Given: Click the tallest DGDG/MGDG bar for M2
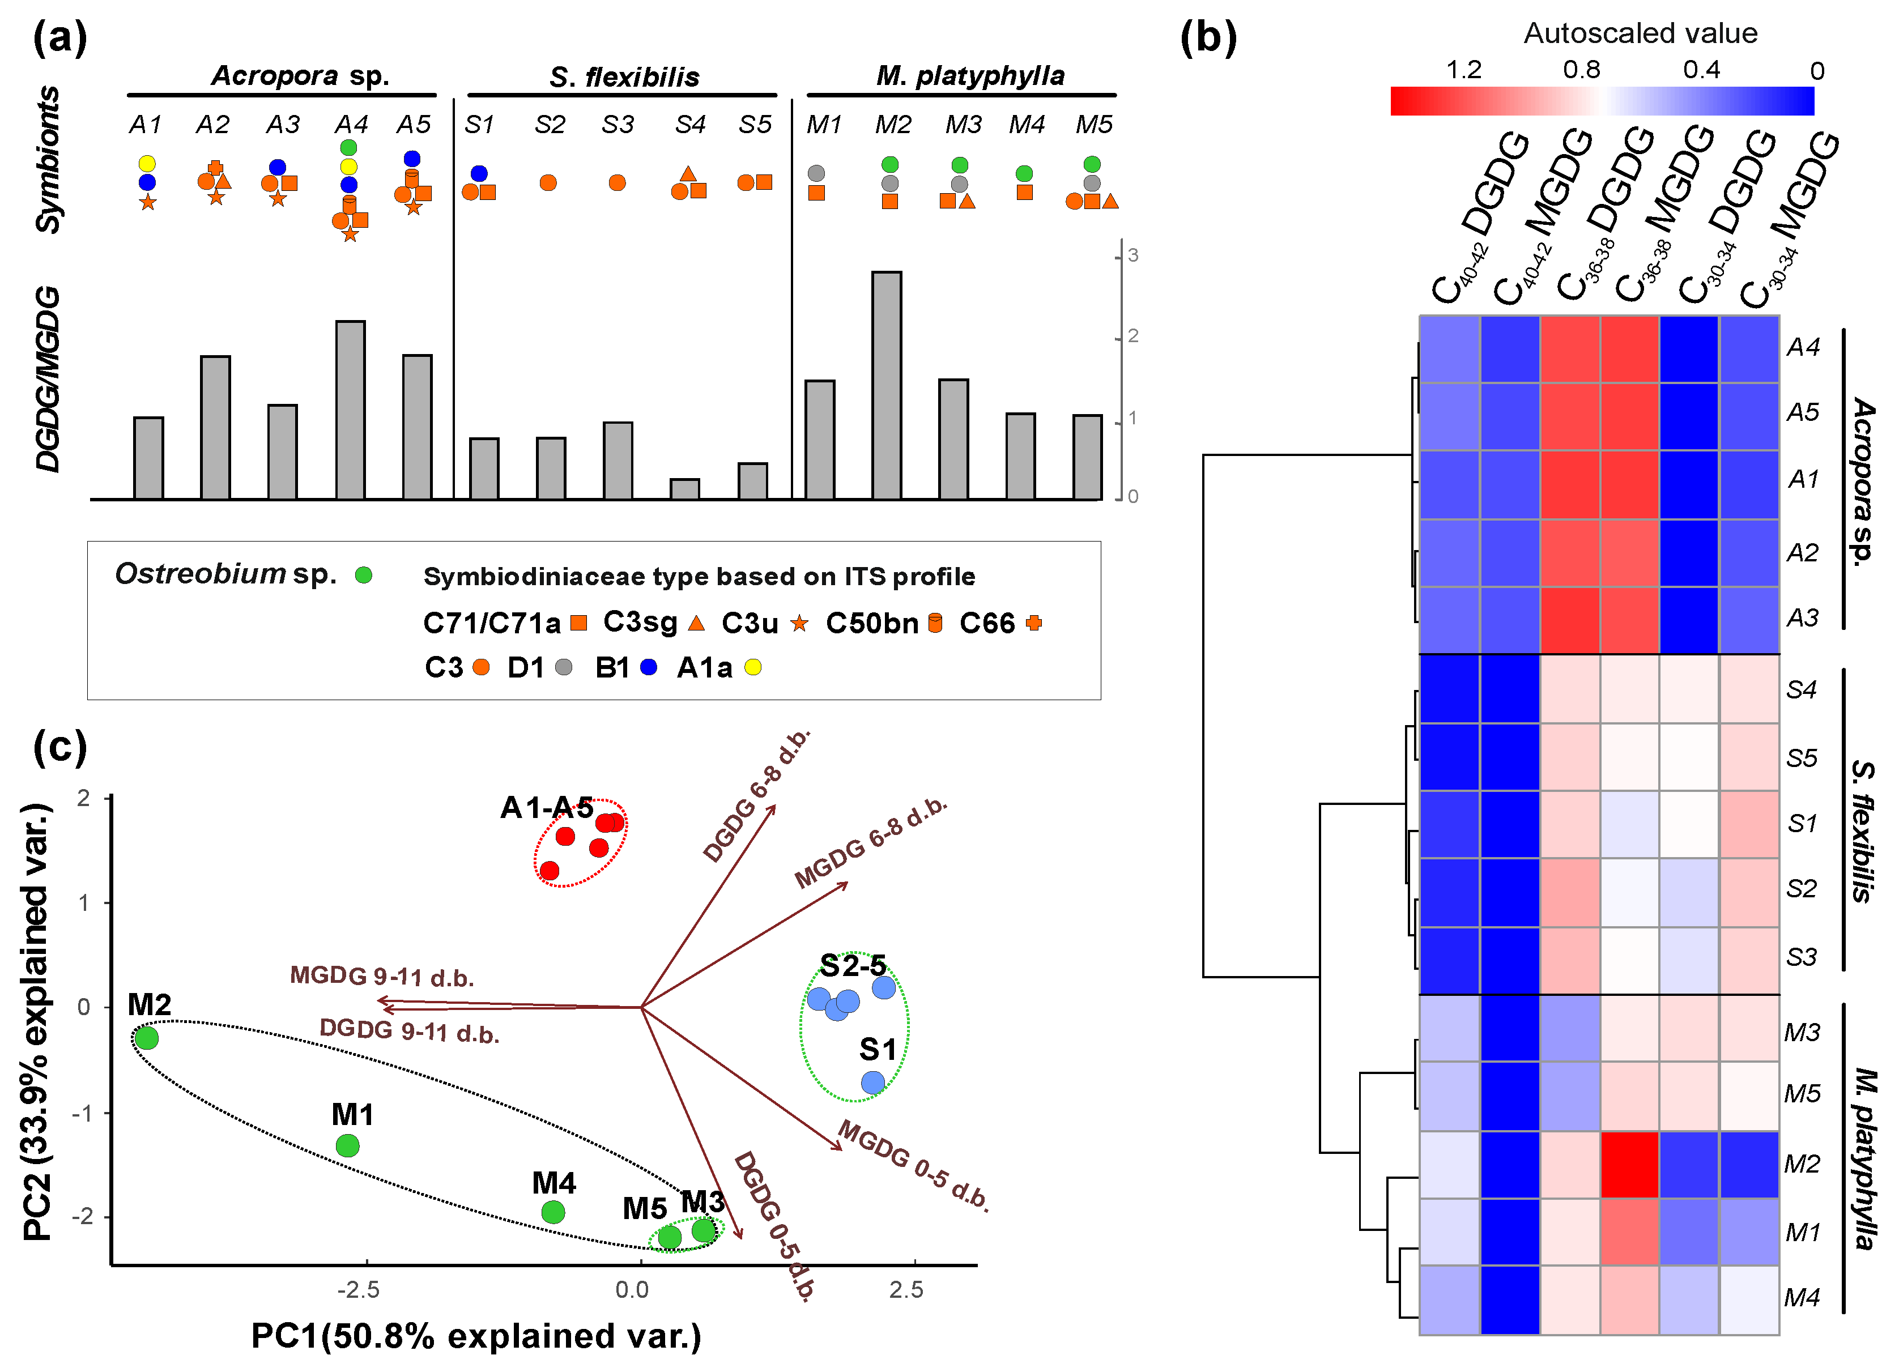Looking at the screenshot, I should point(887,385).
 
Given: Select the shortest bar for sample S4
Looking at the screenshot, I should point(685,489).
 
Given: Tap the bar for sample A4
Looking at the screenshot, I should point(350,410).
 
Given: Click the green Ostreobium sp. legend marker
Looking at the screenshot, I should point(363,575).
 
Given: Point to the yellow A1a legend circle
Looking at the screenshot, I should point(753,667).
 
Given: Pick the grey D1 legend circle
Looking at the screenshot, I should point(564,667).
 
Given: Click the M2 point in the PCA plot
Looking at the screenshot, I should point(147,1038).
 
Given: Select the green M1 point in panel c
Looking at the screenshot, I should point(347,1145).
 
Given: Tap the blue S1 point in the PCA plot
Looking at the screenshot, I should point(872,1083).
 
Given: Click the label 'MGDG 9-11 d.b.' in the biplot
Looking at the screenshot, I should point(382,976).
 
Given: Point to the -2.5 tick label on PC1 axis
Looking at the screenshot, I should point(359,1290).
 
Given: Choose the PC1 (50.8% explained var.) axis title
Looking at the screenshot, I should point(475,1336).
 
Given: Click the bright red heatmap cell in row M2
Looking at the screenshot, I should point(1629,1165).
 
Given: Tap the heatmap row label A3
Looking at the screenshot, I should point(1802,618).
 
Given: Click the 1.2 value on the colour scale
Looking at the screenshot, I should point(1463,70).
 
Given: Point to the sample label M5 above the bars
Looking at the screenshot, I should point(1093,125).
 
